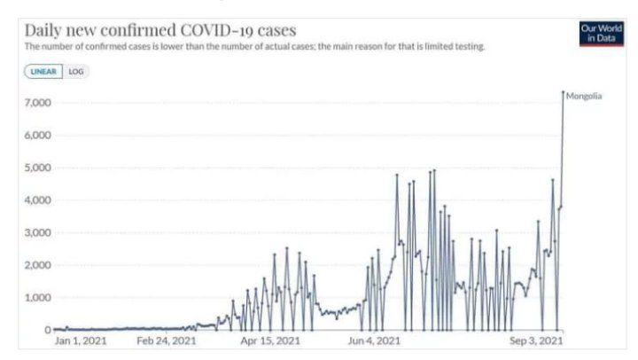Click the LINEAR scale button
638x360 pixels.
pos(43,72)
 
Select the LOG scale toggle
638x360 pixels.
pos(76,72)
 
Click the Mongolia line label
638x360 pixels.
pos(584,96)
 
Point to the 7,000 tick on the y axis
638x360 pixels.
pos(35,103)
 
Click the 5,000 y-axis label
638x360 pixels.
pos(35,168)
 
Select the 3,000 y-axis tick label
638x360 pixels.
pos(35,232)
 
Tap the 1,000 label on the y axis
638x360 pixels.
pos(35,297)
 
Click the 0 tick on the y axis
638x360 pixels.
pos(46,330)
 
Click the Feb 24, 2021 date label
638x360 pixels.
pos(167,340)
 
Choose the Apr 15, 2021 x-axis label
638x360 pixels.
pos(270,340)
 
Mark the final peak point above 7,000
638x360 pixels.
pos(563,91)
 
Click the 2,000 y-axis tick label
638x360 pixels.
pos(35,265)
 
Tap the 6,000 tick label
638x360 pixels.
pos(35,136)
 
